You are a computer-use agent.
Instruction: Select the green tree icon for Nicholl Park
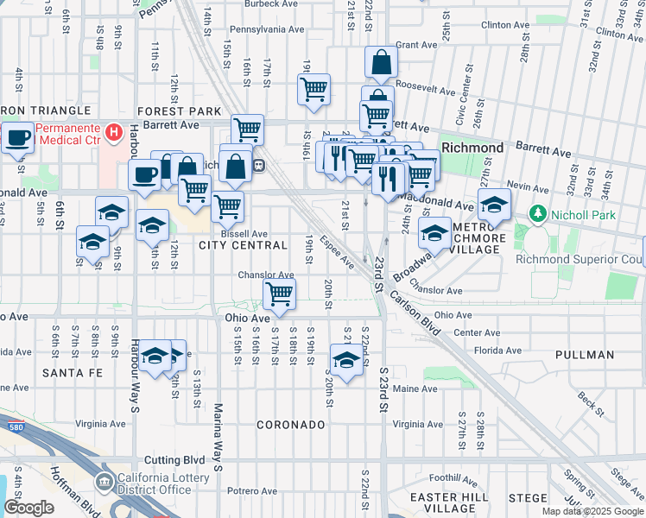click(537, 212)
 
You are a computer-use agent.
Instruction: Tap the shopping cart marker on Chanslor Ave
click(279, 294)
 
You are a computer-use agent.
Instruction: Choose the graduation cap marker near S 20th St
click(346, 361)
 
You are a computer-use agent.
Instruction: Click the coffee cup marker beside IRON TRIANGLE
click(17, 136)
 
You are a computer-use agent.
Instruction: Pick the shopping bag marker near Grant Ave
click(381, 62)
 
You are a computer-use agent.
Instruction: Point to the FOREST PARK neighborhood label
click(179, 111)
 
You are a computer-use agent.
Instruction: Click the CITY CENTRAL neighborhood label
click(243, 246)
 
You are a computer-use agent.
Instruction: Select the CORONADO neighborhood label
click(290, 425)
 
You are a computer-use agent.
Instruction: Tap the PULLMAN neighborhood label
click(585, 355)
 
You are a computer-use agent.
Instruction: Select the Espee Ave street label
click(336, 250)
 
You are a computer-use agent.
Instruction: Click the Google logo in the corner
click(28, 508)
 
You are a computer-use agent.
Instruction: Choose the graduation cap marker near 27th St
click(493, 205)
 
